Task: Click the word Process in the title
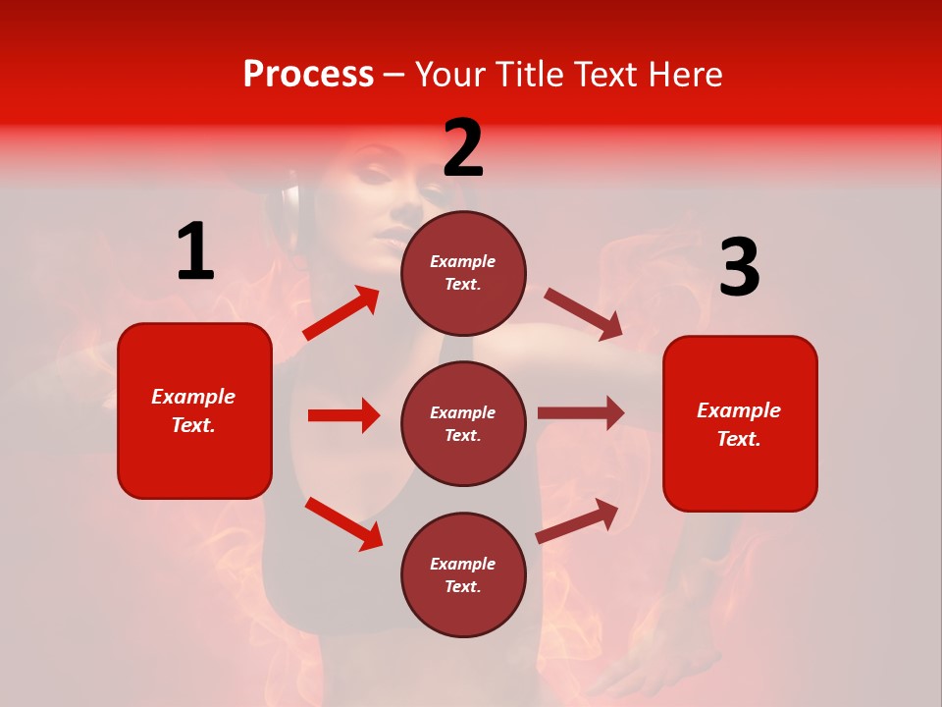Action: (x=308, y=75)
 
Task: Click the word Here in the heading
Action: (x=683, y=75)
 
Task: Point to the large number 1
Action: (x=195, y=252)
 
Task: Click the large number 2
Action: (x=463, y=148)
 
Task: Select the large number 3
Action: (x=739, y=268)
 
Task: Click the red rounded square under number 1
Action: (x=194, y=410)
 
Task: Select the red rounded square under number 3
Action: (x=740, y=424)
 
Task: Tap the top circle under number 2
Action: (x=463, y=273)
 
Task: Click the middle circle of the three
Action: (x=463, y=423)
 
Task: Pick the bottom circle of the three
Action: (x=463, y=574)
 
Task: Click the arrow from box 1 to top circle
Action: (x=341, y=313)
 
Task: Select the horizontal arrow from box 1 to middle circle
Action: (x=343, y=415)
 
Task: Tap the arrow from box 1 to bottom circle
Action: (x=343, y=523)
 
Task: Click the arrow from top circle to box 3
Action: (x=583, y=314)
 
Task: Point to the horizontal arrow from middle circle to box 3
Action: (x=581, y=412)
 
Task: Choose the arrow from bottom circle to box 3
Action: (x=577, y=520)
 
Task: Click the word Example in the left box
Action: (x=193, y=397)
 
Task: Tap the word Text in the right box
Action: (x=738, y=439)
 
